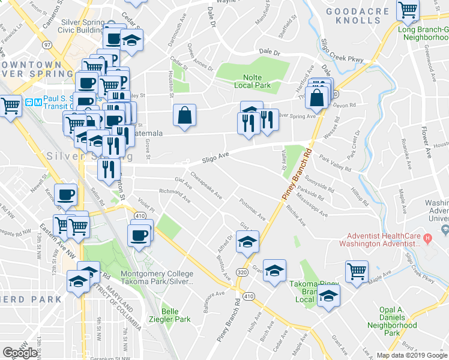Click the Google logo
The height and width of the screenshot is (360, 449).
(20, 353)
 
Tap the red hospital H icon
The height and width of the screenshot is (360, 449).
(427, 239)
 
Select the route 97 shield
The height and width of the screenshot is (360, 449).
(47, 45)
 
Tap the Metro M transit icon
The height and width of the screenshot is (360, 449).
(37, 101)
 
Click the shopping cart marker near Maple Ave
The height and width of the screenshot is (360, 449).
(357, 271)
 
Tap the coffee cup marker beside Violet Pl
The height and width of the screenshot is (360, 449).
(139, 233)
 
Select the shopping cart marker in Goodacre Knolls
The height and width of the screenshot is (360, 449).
(408, 10)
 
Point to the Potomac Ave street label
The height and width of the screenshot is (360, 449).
(252, 208)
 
